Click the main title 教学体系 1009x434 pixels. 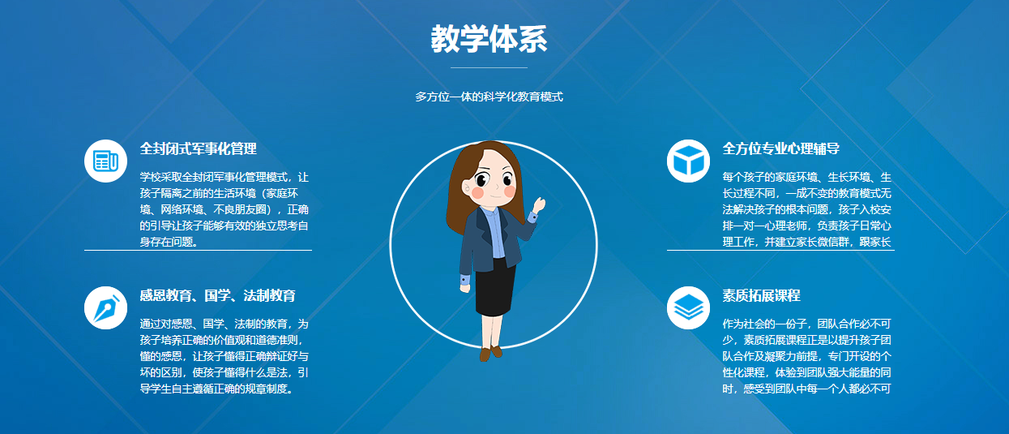(x=489, y=39)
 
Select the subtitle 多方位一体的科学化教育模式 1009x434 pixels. (x=489, y=97)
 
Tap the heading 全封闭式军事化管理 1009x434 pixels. (x=198, y=148)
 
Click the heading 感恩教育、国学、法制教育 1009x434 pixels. (x=217, y=295)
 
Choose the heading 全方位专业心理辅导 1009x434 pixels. (x=780, y=148)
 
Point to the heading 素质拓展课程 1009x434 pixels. (x=761, y=295)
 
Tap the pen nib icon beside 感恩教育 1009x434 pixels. (x=105, y=307)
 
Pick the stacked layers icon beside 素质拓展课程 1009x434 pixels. (x=688, y=307)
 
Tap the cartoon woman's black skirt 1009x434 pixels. (x=495, y=288)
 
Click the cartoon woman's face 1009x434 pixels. (x=494, y=183)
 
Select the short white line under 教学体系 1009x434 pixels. (x=489, y=67)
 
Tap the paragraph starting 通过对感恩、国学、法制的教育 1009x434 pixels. (x=223, y=355)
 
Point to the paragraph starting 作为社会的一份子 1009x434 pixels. (x=806, y=355)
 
